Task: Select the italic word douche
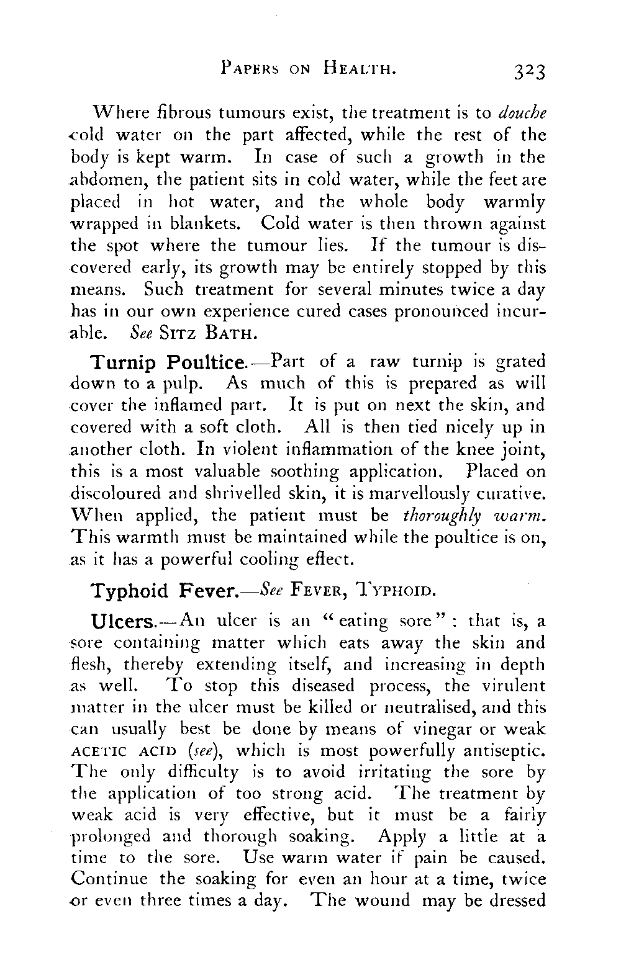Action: click(x=523, y=113)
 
